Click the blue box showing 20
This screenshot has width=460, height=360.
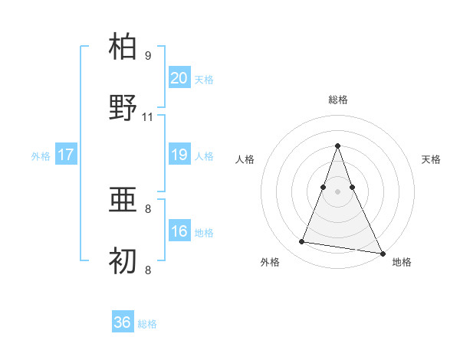[179, 78]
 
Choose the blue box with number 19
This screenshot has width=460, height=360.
[179, 155]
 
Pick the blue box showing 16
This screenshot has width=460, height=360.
[179, 231]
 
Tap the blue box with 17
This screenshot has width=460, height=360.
[66, 155]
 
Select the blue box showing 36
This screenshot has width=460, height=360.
[123, 322]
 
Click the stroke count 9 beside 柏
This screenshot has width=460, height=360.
[148, 56]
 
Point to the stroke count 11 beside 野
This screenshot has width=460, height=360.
[148, 117]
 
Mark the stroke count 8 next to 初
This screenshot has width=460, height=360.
[148, 270]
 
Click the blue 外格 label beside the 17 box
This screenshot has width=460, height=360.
[41, 155]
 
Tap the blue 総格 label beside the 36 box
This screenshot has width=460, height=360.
[147, 324]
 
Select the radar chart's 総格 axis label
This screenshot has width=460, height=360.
[338, 100]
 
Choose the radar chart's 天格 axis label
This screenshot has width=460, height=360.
[432, 159]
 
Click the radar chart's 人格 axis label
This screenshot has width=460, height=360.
[245, 159]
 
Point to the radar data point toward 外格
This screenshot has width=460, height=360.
[302, 242]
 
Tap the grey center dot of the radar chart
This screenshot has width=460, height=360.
[338, 191]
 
